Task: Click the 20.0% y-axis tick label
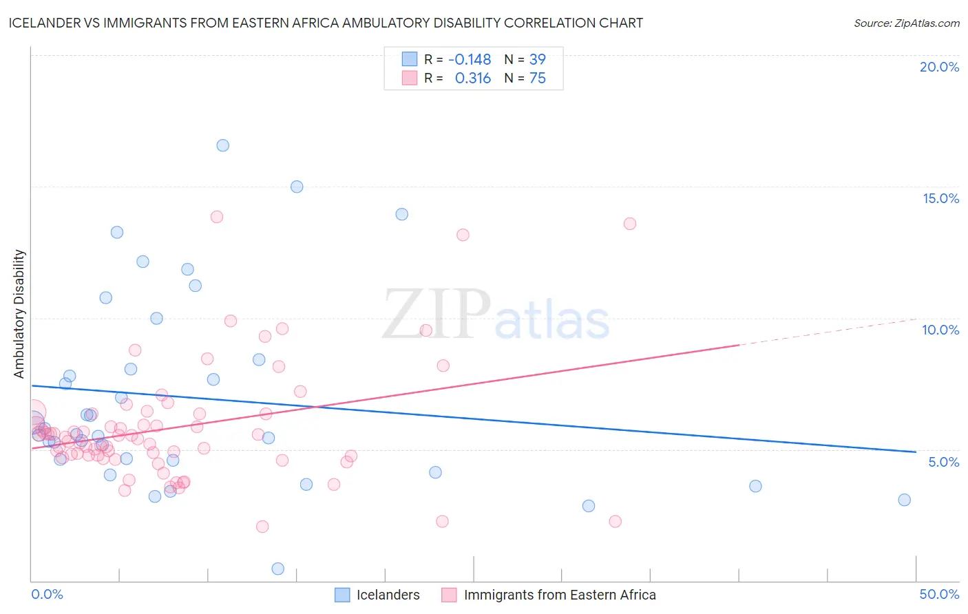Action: [x=939, y=67]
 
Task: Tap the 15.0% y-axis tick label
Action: [x=940, y=198]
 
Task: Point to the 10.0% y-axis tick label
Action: [x=940, y=330]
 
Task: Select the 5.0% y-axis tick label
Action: [x=943, y=462]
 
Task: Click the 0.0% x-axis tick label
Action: [x=47, y=594]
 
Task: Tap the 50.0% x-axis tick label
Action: [x=939, y=594]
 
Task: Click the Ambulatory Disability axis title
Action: [x=19, y=314]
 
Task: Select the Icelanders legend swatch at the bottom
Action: [x=342, y=595]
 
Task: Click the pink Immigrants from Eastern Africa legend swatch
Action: [x=449, y=595]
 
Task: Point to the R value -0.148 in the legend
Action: [x=470, y=60]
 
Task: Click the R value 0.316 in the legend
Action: [x=473, y=78]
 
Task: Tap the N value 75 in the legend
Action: [x=537, y=78]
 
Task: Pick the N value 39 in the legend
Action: [x=537, y=60]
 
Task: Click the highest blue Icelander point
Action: [x=222, y=145]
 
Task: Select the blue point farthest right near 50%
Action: [x=904, y=500]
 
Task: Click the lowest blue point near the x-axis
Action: [x=277, y=569]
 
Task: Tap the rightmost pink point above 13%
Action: [x=629, y=224]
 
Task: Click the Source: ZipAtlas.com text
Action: [x=906, y=23]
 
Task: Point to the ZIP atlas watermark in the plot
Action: [x=496, y=315]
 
